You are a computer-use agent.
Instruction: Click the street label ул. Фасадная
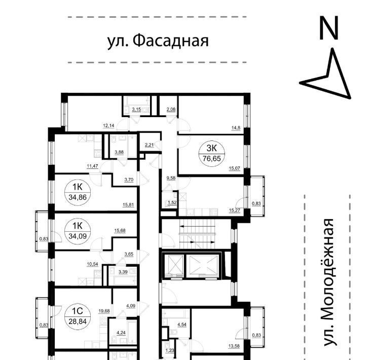tap(158, 41)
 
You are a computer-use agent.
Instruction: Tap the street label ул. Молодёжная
tap(328, 282)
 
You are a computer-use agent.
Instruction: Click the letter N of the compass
tap(329, 28)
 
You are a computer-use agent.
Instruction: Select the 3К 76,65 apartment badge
tap(212, 154)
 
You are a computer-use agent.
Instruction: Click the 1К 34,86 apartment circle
tap(78, 192)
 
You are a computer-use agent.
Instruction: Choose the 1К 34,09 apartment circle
tap(78, 231)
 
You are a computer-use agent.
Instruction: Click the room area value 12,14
tap(108, 126)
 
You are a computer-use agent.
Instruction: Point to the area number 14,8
tap(236, 128)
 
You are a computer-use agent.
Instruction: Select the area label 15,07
tap(234, 168)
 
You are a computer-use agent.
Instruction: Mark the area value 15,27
tap(234, 210)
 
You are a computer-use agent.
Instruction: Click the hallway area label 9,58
tap(171, 178)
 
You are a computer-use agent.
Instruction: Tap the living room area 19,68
tap(104, 311)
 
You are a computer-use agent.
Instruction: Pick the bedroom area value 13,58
tap(234, 346)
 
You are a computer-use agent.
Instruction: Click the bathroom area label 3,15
tap(136, 110)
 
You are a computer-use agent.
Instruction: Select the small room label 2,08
tap(171, 110)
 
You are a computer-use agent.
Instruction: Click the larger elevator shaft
tap(203, 266)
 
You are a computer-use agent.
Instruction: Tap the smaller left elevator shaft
tap(174, 266)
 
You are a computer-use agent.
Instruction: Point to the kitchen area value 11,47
tap(92, 166)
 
